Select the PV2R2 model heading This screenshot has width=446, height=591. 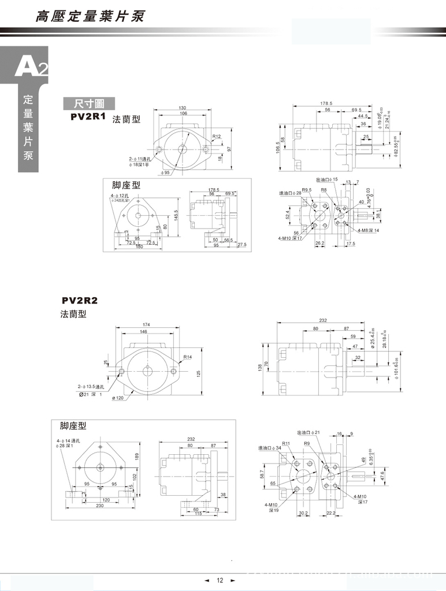80,301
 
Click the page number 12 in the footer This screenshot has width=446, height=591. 220,581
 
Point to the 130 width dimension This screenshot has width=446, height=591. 183,108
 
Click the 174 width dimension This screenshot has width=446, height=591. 147,325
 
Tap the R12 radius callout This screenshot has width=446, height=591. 217,137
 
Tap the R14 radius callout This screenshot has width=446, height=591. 188,357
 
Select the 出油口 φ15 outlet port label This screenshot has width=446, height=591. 326,180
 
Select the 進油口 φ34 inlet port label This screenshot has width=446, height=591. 270,447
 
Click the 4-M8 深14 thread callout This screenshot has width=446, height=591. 368,230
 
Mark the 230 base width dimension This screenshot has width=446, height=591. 100,506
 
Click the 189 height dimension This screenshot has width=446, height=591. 136,455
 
